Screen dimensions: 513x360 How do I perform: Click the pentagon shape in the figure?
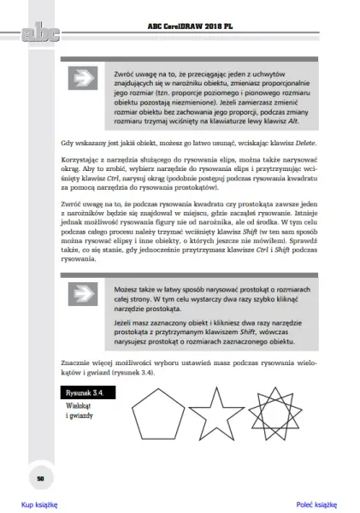click(x=156, y=413)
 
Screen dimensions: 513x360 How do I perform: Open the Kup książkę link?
click(x=39, y=504)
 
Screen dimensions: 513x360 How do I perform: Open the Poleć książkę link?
click(x=316, y=504)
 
